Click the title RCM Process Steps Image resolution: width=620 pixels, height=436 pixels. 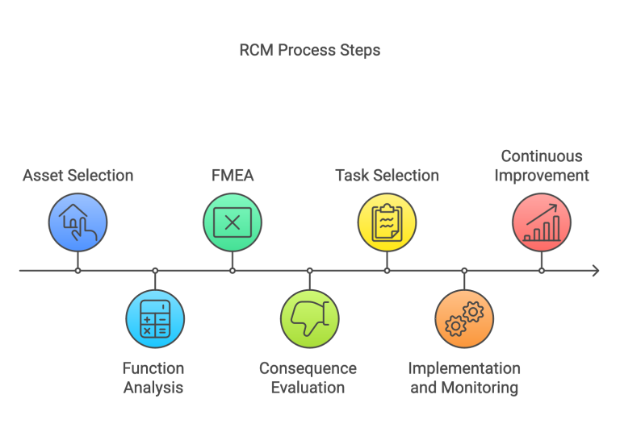(309, 50)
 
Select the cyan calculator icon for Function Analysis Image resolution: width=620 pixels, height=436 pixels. (155, 319)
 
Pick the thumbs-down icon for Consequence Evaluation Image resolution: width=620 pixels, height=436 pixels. (309, 319)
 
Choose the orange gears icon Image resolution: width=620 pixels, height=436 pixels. (464, 319)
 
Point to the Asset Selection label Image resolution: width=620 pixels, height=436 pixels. (77, 175)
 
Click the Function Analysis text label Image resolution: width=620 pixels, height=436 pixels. (153, 378)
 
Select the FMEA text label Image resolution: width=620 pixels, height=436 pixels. (232, 175)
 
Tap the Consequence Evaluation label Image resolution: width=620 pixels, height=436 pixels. (308, 378)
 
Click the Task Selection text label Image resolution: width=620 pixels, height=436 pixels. (387, 175)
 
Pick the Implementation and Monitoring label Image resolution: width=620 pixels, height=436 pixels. (463, 378)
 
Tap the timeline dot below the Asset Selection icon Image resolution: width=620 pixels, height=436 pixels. (77, 271)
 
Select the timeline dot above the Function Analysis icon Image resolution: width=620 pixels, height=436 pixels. (155, 271)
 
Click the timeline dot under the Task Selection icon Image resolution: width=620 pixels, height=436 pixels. (387, 271)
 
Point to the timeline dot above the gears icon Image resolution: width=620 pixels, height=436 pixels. (464, 271)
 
